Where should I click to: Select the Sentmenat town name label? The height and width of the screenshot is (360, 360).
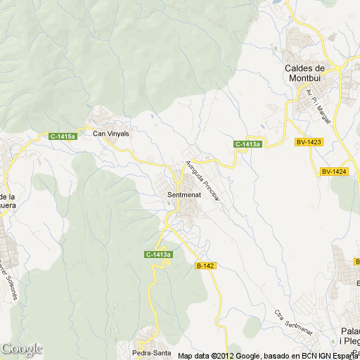(185, 194)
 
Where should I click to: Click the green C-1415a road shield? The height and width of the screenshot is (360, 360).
(63, 136)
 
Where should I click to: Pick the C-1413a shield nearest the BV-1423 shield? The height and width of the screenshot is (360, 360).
(247, 144)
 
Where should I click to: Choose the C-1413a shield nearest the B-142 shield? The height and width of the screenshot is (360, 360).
(159, 255)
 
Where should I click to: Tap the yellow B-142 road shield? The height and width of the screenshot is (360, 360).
(205, 265)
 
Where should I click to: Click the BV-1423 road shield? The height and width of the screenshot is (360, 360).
(308, 142)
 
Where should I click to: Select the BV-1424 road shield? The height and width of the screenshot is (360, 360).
(335, 172)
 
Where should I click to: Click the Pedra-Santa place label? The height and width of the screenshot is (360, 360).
(152, 352)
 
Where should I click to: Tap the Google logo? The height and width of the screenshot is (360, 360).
(22, 349)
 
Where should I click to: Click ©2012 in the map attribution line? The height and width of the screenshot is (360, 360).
(217, 355)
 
